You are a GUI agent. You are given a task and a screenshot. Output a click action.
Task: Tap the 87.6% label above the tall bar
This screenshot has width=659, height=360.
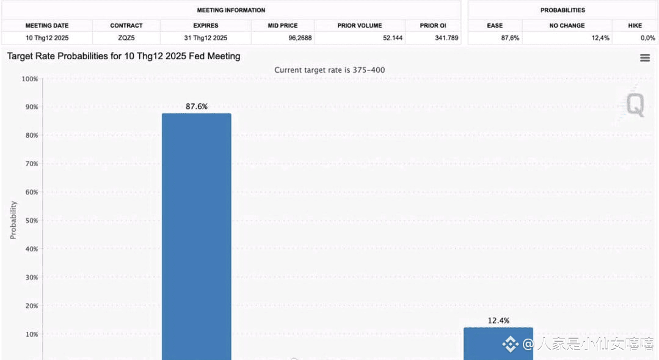197,106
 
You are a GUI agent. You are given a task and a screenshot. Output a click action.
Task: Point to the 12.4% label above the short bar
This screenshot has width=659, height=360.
498,320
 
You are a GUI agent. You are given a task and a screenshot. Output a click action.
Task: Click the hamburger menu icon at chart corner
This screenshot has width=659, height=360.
645,57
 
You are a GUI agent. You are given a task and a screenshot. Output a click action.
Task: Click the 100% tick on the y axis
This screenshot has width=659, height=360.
29,79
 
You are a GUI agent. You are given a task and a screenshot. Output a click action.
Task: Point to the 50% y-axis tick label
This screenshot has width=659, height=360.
31,221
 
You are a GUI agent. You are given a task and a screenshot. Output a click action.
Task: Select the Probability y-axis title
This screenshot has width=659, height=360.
13,220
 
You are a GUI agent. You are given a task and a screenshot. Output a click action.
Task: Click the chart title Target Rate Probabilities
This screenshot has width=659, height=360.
123,56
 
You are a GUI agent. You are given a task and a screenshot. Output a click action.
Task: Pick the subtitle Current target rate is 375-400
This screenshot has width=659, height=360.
329,70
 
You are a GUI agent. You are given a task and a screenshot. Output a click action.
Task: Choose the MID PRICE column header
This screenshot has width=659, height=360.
283,26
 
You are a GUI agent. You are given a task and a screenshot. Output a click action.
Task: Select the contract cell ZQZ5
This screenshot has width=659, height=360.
126,38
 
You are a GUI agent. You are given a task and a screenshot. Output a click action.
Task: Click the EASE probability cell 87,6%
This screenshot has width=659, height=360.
509,38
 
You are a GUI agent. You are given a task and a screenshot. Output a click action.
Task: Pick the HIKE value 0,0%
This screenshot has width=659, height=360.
647,38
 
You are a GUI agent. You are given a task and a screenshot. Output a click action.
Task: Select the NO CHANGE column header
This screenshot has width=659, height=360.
567,26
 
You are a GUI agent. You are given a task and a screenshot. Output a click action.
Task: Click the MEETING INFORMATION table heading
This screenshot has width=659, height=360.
231,10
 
